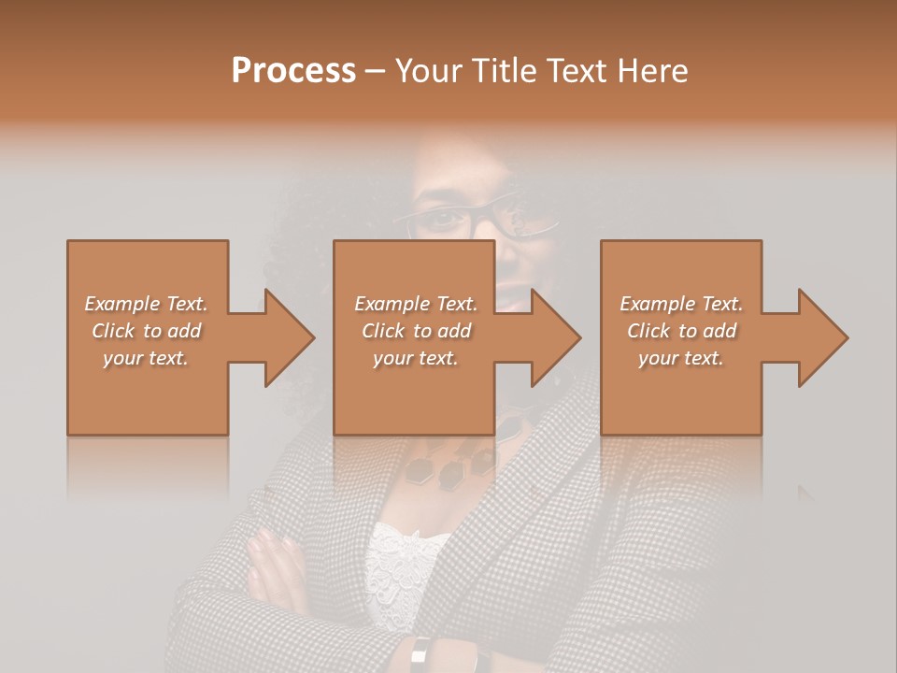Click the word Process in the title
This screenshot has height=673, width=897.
293,71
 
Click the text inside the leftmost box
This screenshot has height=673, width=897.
147,331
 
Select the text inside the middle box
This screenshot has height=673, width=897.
415,331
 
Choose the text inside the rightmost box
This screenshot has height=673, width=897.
681,331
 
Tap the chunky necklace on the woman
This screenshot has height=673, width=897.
448,463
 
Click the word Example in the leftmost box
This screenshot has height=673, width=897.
122,304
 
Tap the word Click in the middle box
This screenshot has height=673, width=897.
382,331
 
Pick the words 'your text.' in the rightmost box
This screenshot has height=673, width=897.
681,358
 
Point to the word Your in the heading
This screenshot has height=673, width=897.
427,71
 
